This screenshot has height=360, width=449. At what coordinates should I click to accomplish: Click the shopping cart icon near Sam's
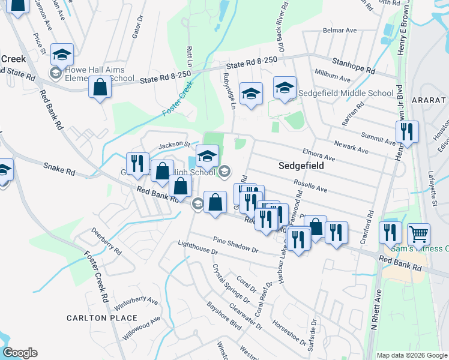(419, 233)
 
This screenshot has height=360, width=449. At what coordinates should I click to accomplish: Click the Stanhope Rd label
(354, 65)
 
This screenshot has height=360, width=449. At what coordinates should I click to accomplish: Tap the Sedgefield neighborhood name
(301, 165)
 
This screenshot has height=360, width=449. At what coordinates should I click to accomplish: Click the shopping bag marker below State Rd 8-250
(100, 86)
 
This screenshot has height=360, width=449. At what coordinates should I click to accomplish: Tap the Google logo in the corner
(20, 353)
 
